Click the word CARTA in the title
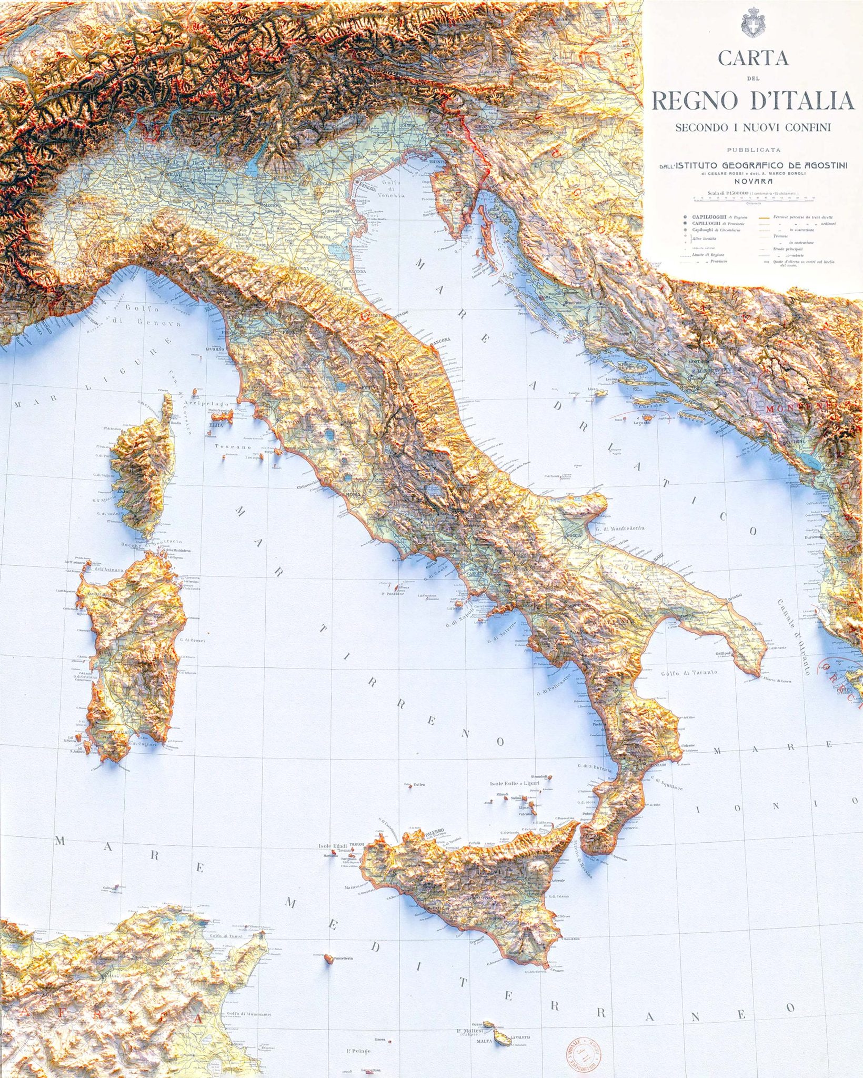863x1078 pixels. coord(754,58)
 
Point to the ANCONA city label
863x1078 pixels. coord(441,341)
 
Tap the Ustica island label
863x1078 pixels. coord(419,785)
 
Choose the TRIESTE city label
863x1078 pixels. coord(438,162)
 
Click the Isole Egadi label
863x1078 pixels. coord(333,846)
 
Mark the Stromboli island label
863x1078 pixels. coord(540,776)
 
